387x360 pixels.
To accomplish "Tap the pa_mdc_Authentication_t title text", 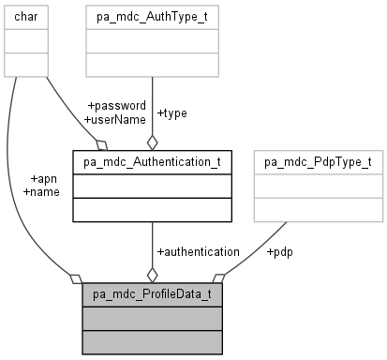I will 152,162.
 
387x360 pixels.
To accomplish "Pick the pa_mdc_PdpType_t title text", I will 331,162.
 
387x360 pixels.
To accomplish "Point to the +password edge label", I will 115,106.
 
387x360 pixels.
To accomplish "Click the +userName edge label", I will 114,119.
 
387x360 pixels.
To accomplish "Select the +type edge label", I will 171,112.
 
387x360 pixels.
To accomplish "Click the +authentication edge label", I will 197,251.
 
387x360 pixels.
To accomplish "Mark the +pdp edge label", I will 280,251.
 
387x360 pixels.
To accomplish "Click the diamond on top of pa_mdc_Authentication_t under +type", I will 152,142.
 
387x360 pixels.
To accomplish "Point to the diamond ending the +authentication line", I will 152,275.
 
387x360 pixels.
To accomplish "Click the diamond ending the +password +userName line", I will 102,144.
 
